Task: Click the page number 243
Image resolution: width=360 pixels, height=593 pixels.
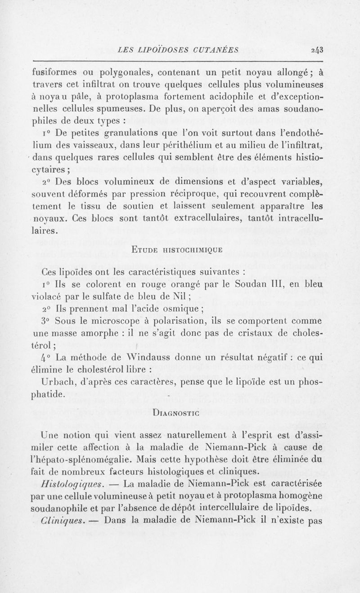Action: (317, 50)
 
